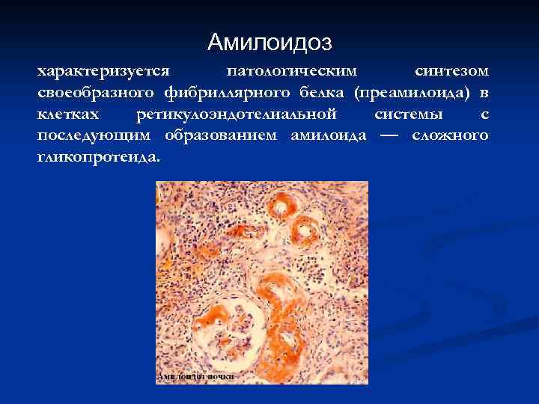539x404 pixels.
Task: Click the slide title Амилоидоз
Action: pyautogui.click(x=269, y=41)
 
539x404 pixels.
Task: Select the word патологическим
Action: pyautogui.click(x=292, y=71)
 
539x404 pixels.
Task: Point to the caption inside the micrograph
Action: pyautogui.click(x=195, y=376)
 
